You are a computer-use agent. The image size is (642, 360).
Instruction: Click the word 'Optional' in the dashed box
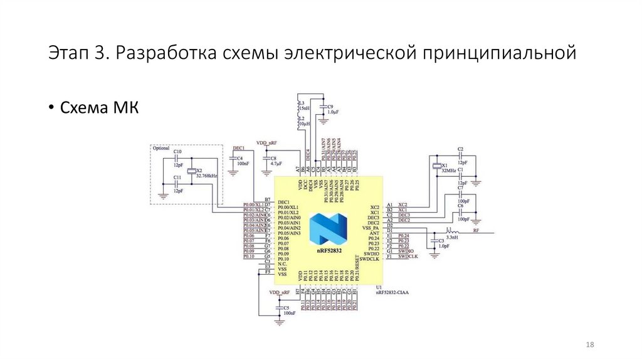[x=161, y=148]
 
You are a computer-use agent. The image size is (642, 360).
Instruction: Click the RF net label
[x=476, y=230]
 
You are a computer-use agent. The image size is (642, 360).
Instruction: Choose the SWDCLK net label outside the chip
[x=408, y=257]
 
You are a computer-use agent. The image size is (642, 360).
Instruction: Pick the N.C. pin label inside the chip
[x=283, y=264]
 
